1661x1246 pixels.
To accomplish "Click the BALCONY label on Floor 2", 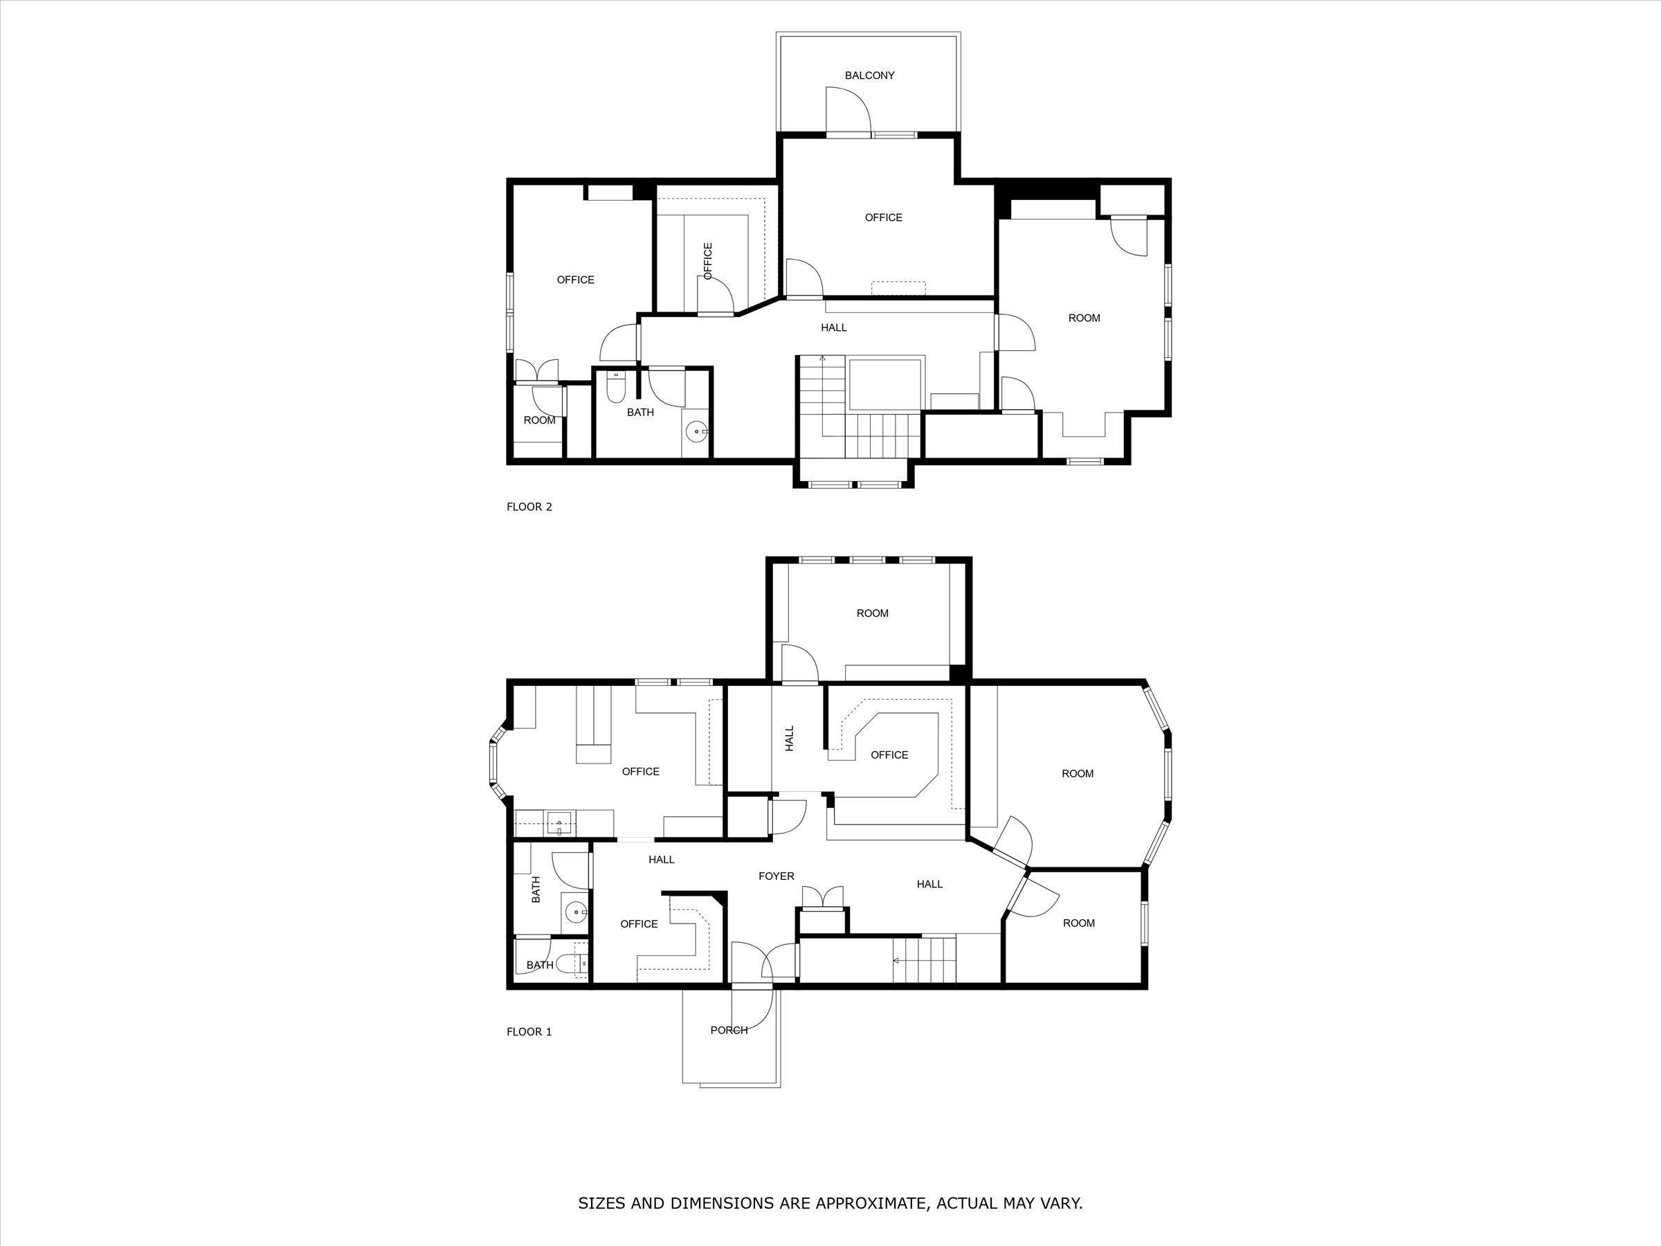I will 869,75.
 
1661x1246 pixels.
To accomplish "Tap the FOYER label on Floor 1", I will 776,876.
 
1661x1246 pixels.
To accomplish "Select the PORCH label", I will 728,1030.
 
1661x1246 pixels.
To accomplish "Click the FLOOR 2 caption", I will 529,506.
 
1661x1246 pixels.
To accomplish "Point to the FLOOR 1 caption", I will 529,1031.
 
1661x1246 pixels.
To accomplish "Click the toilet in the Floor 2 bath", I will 615,388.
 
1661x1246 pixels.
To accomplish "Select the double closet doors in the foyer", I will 823,896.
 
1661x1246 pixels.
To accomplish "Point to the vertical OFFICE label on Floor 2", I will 707,260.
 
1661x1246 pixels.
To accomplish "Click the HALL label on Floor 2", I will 833,327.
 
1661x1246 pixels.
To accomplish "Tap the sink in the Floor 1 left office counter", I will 559,824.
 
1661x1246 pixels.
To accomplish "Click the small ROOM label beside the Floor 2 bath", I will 539,420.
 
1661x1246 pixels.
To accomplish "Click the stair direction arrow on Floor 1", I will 896,960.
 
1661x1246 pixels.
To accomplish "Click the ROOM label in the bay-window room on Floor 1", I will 1077,774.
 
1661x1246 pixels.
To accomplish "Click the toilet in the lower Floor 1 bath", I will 581,964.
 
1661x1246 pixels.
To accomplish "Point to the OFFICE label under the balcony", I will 883,217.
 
